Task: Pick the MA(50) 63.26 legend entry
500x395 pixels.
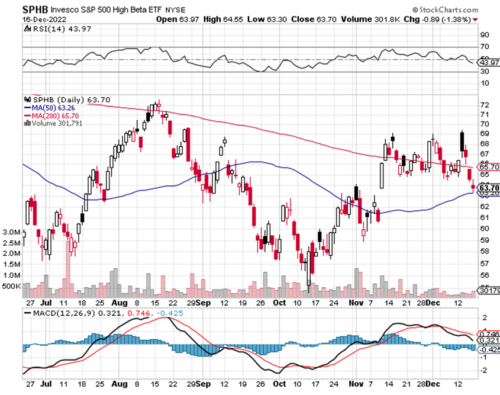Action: click(46, 107)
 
